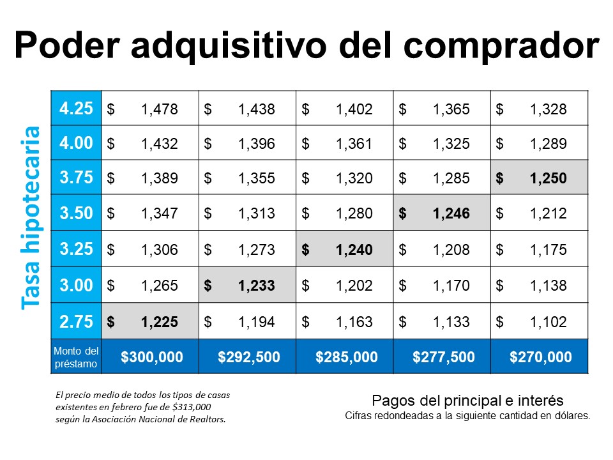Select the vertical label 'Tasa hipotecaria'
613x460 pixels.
[31, 217]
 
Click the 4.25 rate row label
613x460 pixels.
[76, 109]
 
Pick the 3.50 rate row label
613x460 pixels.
[76, 213]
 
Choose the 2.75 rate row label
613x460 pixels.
[76, 321]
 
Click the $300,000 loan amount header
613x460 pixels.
[151, 357]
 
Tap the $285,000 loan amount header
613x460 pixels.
[346, 357]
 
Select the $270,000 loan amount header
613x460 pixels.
[540, 357]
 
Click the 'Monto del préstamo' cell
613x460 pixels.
[76, 357]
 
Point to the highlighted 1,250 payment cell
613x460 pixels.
[539, 179]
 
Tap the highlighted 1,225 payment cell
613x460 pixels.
[151, 321]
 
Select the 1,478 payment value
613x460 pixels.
[159, 109]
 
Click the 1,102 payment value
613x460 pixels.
[548, 321]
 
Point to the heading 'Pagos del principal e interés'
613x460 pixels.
[467, 401]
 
